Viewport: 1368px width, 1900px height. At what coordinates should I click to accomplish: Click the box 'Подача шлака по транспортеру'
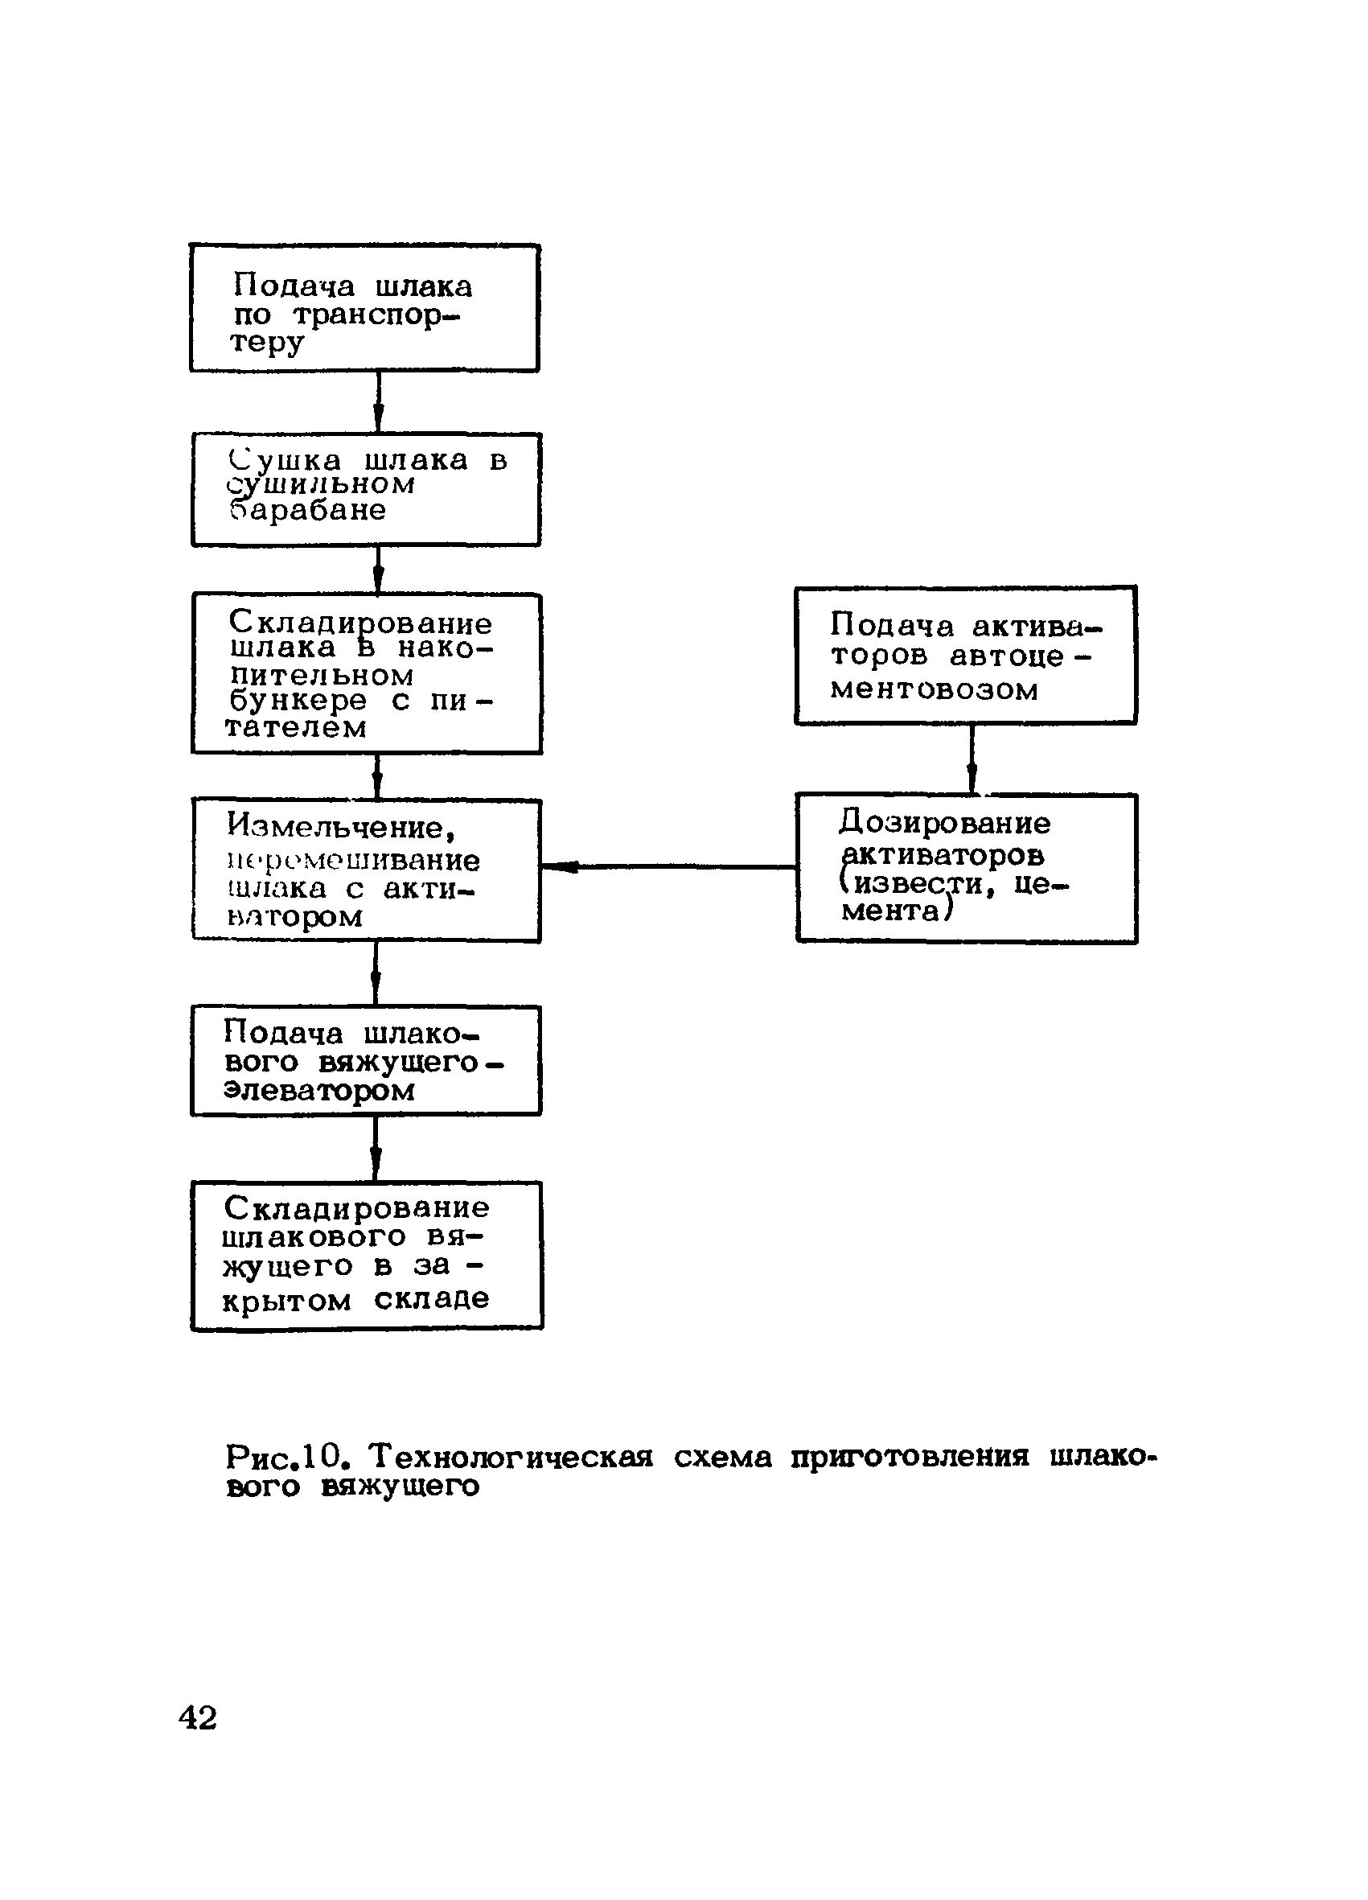click(364, 308)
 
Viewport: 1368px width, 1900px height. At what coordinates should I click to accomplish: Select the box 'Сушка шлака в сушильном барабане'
click(366, 490)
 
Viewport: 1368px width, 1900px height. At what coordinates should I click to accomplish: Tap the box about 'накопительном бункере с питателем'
click(367, 673)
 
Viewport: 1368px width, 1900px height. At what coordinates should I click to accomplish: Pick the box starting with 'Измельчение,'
click(367, 870)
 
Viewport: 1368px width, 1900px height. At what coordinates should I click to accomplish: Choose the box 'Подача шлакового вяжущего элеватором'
click(366, 1060)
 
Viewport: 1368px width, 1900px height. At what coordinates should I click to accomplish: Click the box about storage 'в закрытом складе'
click(367, 1255)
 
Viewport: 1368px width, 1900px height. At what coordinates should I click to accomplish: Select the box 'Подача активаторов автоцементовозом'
click(965, 655)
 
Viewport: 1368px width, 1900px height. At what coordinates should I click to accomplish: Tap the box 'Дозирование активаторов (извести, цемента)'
click(966, 868)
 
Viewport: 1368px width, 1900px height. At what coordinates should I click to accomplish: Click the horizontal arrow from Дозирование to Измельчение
click(668, 866)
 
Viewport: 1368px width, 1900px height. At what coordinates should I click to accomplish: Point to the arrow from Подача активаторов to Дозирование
click(972, 759)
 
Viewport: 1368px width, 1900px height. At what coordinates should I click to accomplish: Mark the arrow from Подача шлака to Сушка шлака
click(378, 402)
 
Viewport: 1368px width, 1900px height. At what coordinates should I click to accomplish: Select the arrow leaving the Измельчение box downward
click(376, 973)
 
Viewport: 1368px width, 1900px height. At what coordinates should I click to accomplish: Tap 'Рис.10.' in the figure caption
click(286, 1458)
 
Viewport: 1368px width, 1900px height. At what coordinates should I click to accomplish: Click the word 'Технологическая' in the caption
click(511, 1458)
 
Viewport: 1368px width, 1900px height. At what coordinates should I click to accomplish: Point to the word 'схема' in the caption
click(723, 1458)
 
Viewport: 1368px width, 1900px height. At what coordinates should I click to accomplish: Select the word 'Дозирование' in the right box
click(944, 824)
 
